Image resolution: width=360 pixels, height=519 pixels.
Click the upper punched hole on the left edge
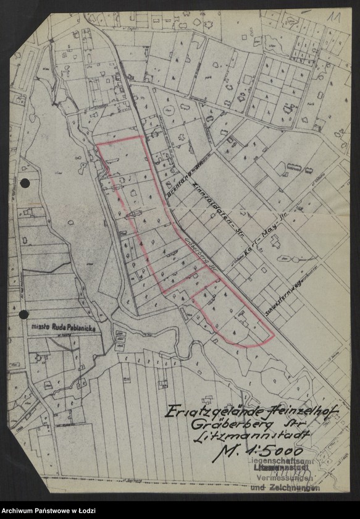click(x=25, y=183)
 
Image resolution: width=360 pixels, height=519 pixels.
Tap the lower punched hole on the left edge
click(x=23, y=314)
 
